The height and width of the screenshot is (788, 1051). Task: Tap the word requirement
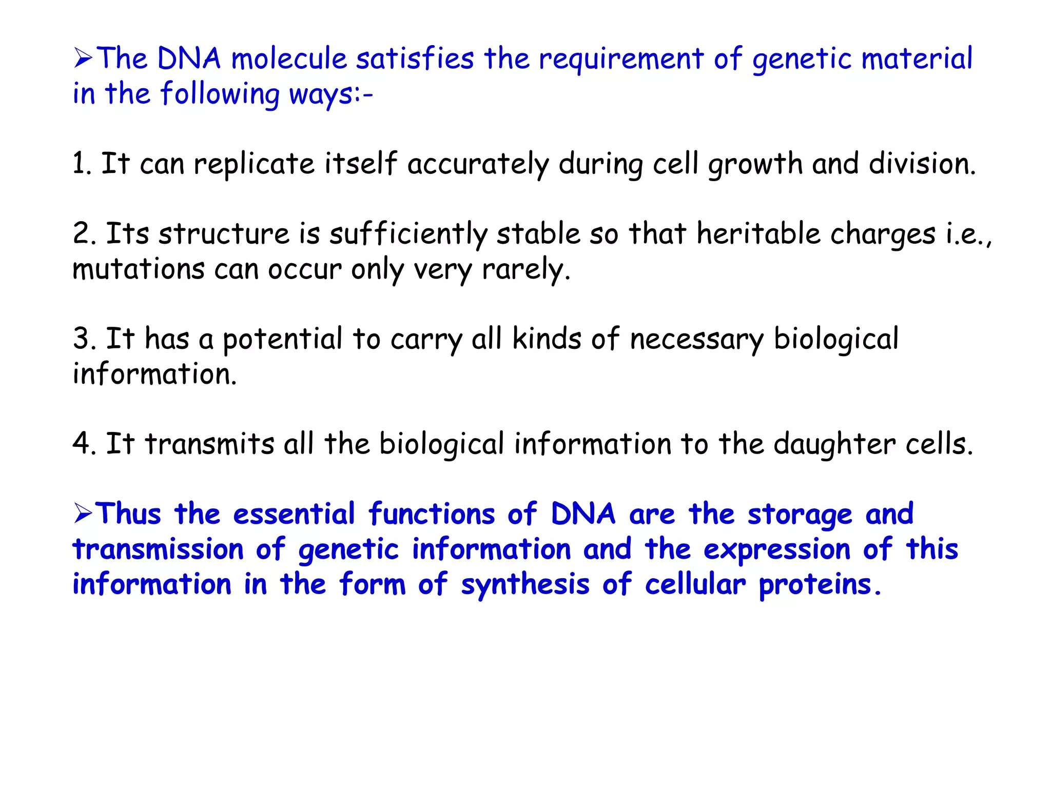tap(621, 59)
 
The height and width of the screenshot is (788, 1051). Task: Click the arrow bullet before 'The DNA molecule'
tap(83, 58)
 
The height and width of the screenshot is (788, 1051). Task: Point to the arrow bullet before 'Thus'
tap(83, 514)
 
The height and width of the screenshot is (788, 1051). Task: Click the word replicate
tap(254, 164)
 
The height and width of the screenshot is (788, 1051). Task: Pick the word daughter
tap(834, 444)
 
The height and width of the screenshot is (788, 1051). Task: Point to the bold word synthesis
tap(525, 585)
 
